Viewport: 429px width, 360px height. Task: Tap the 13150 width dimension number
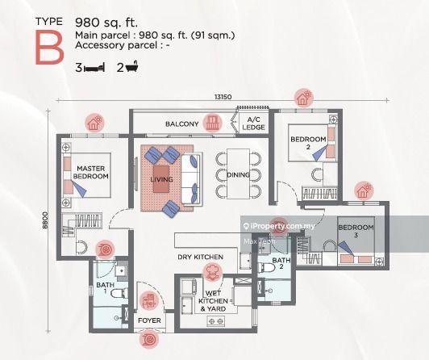click(223, 98)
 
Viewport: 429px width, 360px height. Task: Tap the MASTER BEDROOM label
click(91, 172)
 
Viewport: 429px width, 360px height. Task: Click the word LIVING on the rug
click(161, 180)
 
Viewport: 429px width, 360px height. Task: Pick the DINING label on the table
click(238, 174)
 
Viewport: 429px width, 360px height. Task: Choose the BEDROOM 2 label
click(308, 144)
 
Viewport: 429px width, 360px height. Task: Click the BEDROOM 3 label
click(356, 232)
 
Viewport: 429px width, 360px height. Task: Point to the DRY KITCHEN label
click(201, 257)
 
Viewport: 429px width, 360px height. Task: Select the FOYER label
click(150, 321)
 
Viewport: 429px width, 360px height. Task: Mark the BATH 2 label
click(280, 265)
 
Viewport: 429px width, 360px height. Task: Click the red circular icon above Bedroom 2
click(303, 98)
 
